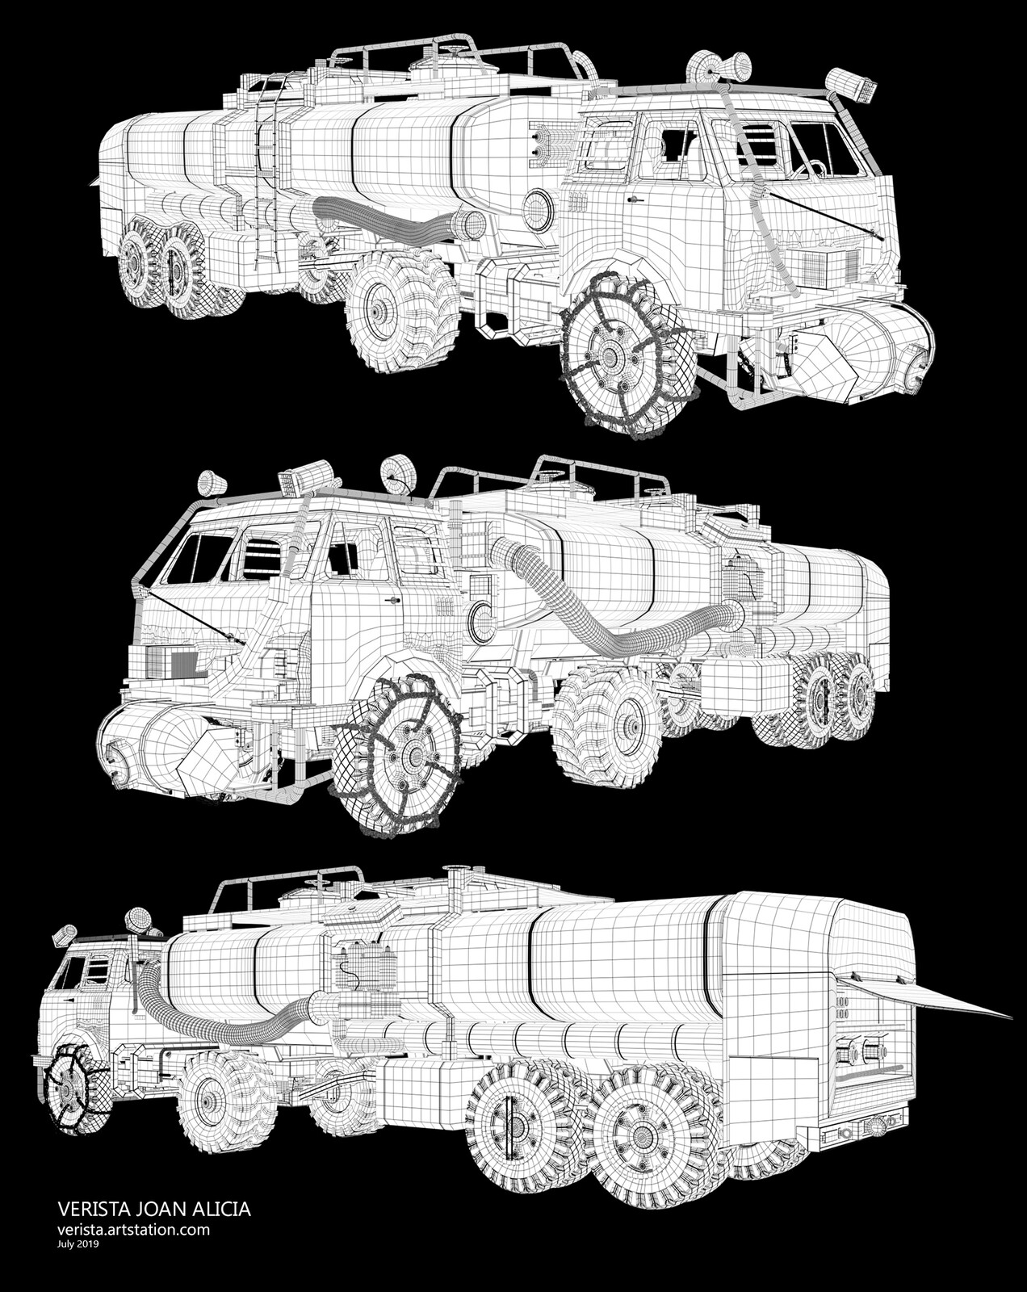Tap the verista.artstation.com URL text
(134, 1230)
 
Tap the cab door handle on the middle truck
(393, 600)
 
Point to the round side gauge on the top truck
(538, 209)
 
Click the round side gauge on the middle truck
(483, 623)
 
